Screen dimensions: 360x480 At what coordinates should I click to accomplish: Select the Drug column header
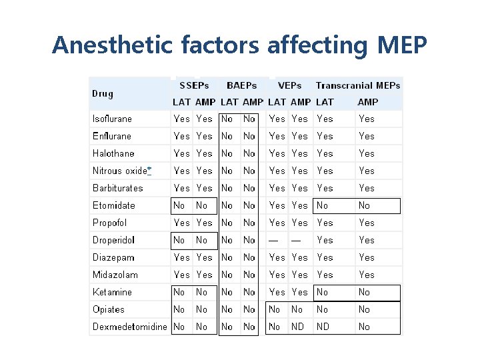point(103,94)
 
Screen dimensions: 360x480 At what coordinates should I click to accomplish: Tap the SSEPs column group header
point(194,85)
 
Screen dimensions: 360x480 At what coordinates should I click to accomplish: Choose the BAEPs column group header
point(241,85)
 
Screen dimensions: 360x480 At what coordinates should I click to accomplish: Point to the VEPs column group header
point(289,85)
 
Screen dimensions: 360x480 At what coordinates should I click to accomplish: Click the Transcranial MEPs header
point(358,85)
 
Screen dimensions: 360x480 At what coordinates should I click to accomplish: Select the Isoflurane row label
point(112,119)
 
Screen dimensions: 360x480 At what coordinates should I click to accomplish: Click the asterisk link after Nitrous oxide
point(149,171)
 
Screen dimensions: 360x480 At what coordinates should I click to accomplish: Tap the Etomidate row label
point(113,205)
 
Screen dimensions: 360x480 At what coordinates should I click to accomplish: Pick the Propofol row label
point(109,223)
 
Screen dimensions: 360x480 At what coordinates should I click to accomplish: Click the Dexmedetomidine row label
point(129,327)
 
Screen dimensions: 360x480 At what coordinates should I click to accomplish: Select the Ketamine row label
point(112,292)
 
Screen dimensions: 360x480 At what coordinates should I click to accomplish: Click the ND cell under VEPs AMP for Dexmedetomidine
point(297,327)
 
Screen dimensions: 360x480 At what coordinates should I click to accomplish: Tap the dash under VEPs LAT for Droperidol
point(273,240)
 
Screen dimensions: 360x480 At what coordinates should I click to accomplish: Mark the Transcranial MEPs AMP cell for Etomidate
point(364,205)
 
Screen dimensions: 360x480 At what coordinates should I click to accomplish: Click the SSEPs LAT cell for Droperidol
point(179,240)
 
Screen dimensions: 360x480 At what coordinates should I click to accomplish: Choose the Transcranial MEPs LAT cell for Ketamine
point(322,292)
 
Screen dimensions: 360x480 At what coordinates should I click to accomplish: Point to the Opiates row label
point(109,309)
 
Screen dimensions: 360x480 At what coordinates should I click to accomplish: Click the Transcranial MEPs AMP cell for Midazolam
point(367,275)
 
